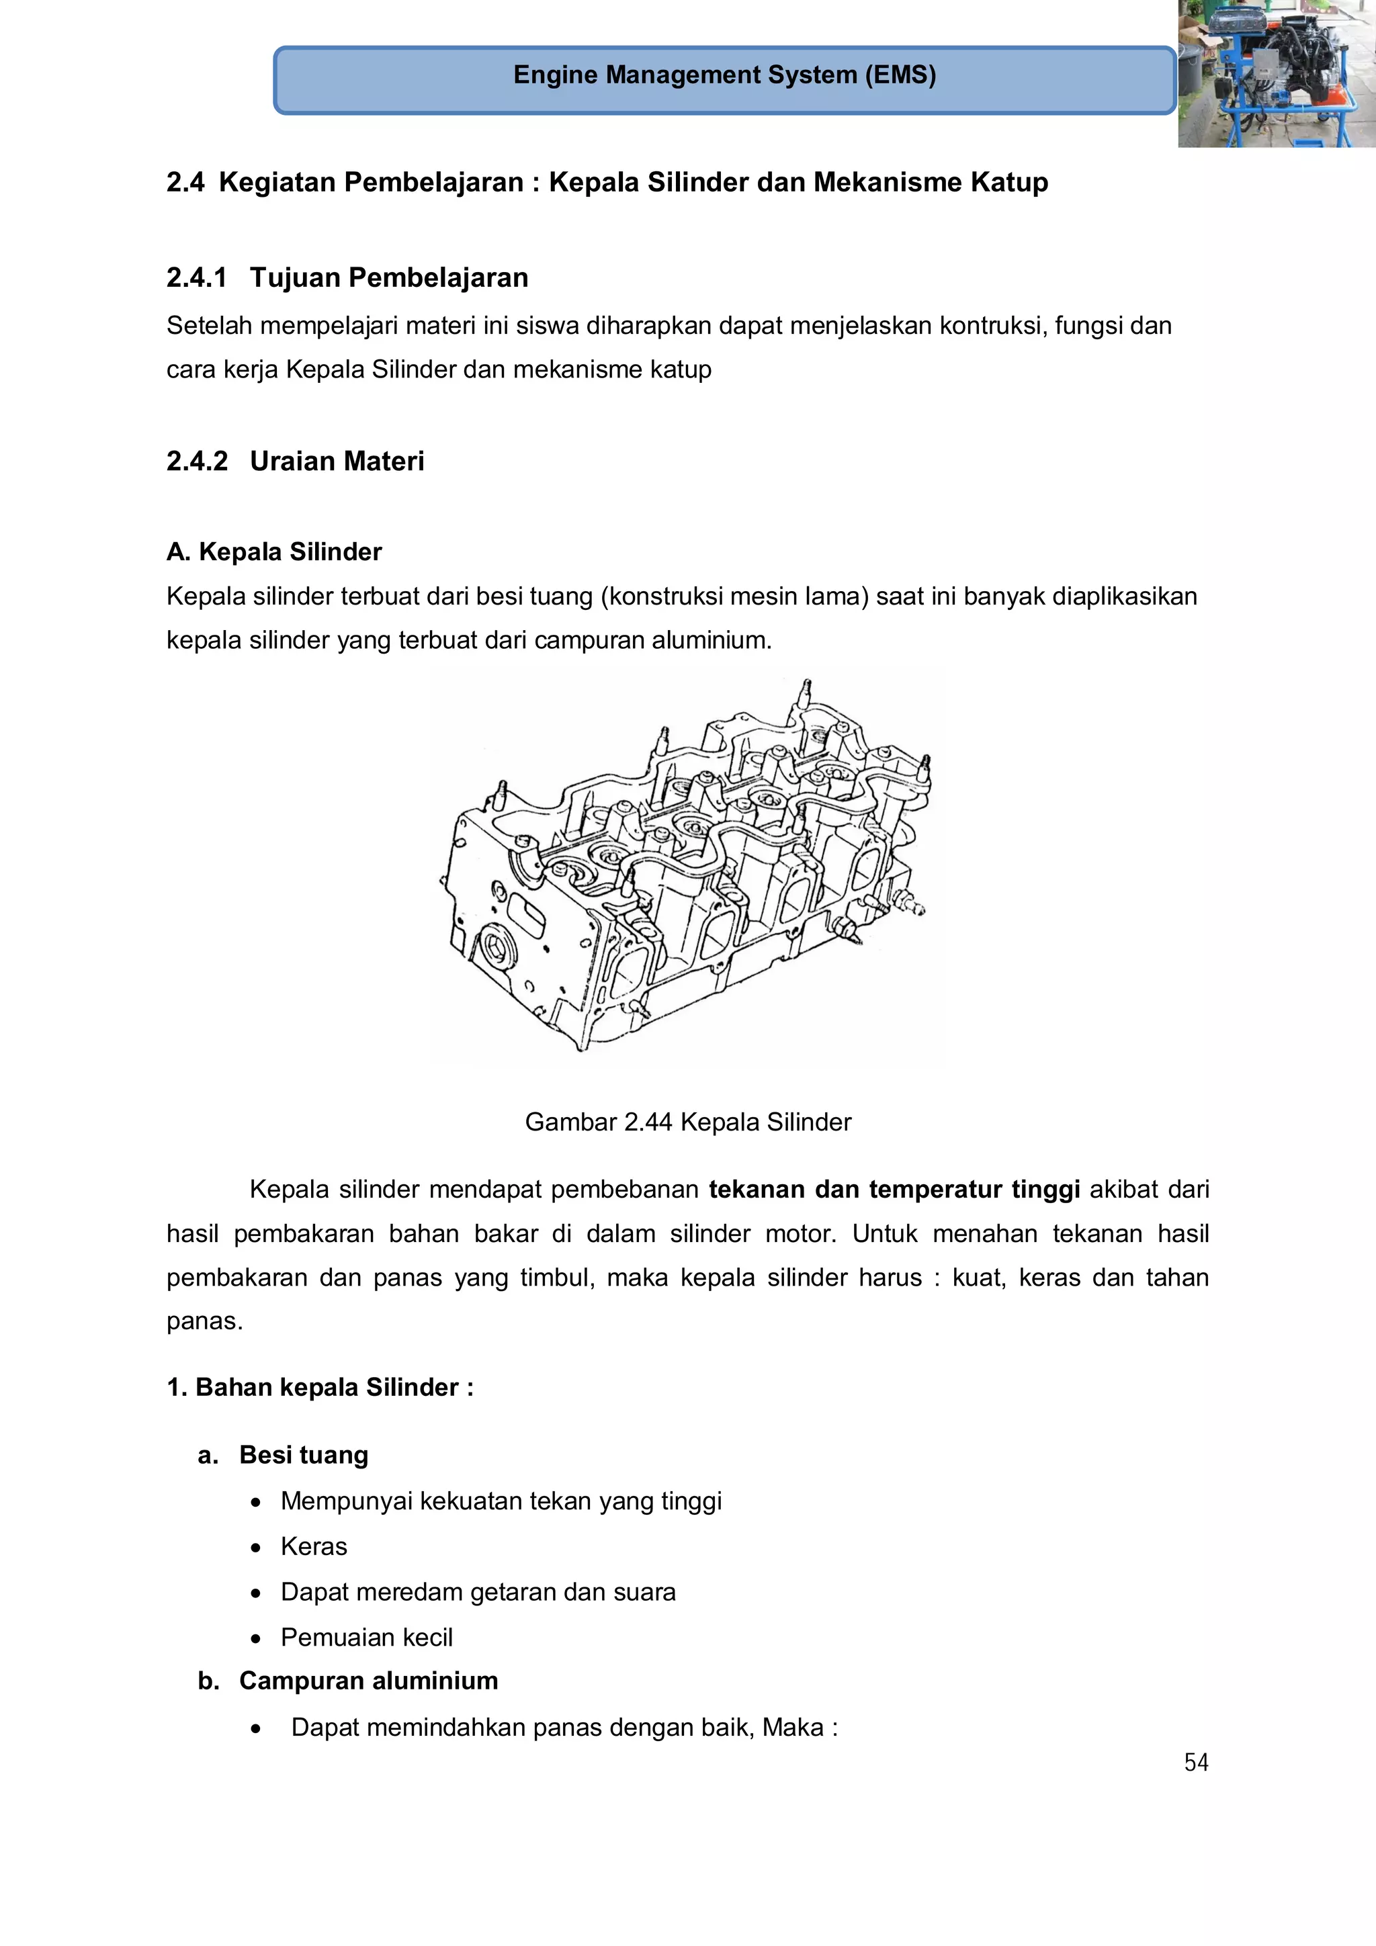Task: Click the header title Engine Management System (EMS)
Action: (x=724, y=75)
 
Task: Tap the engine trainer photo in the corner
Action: (x=1276, y=74)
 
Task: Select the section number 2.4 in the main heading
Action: (x=185, y=182)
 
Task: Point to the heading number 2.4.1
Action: (x=197, y=278)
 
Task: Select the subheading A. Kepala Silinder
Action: (x=274, y=551)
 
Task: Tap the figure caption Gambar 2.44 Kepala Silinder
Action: (x=687, y=1122)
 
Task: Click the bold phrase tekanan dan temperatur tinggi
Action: (x=894, y=1190)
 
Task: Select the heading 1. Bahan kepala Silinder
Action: (x=320, y=1388)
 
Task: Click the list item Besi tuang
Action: (x=304, y=1455)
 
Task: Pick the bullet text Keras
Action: (x=314, y=1547)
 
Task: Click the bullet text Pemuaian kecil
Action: (x=366, y=1638)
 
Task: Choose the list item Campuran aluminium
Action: (x=368, y=1681)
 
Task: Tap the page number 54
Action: (x=1195, y=1763)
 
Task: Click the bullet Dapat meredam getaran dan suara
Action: (x=478, y=1593)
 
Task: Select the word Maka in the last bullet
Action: (x=793, y=1727)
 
